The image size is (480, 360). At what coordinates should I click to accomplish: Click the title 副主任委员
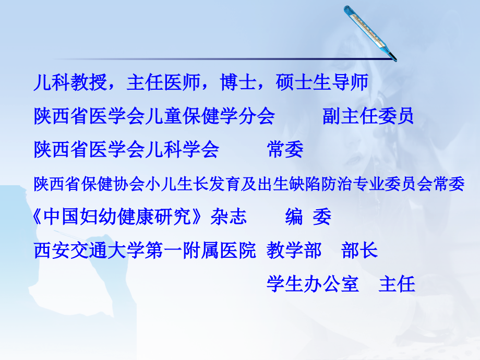tap(368, 116)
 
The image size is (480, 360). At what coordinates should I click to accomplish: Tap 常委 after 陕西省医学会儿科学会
tap(285, 150)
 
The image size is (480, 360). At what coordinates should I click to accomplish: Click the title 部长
tap(359, 251)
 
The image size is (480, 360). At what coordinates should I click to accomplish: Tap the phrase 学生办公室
tap(313, 284)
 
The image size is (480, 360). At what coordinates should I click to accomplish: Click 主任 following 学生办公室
tap(397, 284)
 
